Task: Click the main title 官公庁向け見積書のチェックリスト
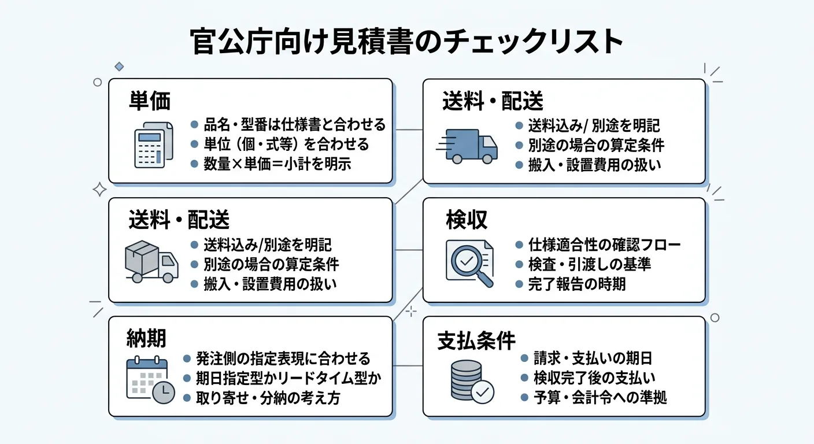(406, 42)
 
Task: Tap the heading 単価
(150, 102)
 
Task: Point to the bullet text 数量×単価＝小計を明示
(277, 164)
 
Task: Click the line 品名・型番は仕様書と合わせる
(294, 124)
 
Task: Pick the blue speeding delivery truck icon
(469, 145)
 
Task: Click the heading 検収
(467, 220)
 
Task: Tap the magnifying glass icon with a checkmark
(469, 263)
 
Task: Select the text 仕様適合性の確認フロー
(604, 245)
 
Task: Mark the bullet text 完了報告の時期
(577, 284)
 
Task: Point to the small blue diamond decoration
(119, 66)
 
